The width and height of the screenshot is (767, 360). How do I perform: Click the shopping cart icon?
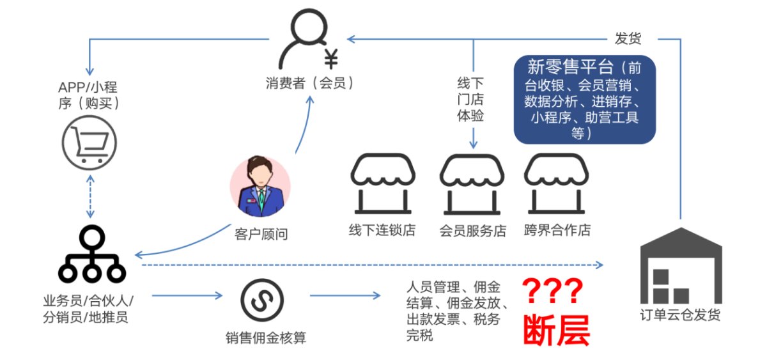(x=89, y=143)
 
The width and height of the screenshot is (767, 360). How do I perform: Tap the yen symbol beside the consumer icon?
(x=331, y=59)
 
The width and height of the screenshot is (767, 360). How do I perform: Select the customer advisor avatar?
(x=260, y=186)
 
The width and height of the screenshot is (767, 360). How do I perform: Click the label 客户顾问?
(x=261, y=235)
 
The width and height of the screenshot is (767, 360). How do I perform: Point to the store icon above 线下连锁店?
(x=383, y=184)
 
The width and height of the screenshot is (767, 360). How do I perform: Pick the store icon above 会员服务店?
(x=472, y=184)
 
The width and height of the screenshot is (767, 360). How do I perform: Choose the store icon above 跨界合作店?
(x=557, y=184)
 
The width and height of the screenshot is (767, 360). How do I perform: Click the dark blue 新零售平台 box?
(x=584, y=99)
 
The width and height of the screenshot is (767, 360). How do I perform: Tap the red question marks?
(x=552, y=291)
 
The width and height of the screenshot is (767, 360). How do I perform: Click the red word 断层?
(x=557, y=331)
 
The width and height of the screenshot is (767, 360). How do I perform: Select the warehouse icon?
(x=681, y=265)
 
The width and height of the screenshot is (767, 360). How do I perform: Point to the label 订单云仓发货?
(x=680, y=315)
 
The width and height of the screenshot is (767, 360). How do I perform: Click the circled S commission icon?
(x=262, y=300)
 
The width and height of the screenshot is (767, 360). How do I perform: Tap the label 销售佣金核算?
(x=266, y=338)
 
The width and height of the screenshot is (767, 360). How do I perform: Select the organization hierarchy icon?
(x=92, y=254)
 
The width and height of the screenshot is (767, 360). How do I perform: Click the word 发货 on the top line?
(x=628, y=38)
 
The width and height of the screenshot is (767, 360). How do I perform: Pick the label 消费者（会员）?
(x=309, y=83)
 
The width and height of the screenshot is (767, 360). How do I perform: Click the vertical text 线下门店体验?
(x=470, y=99)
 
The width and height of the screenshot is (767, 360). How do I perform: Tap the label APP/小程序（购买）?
(x=88, y=95)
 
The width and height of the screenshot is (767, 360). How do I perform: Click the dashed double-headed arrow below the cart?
(x=90, y=196)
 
